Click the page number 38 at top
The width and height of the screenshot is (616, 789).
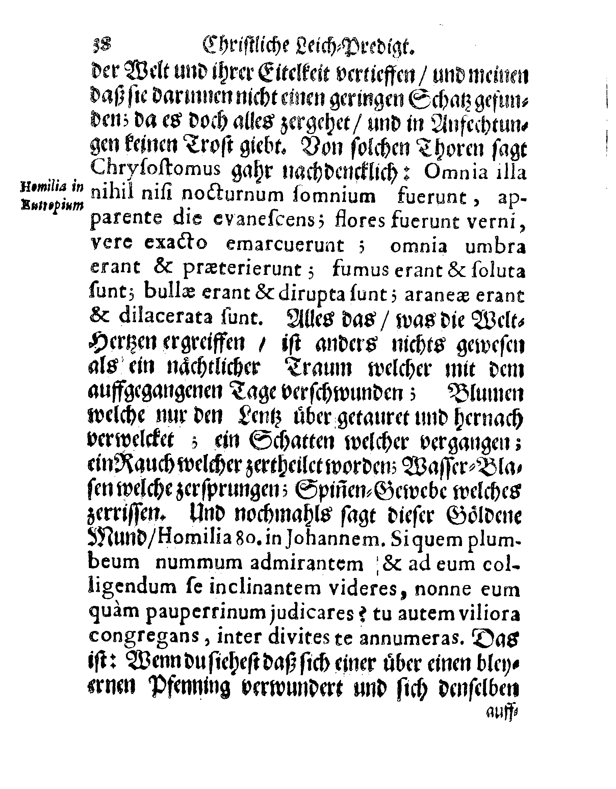103,46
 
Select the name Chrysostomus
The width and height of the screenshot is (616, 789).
156,170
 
